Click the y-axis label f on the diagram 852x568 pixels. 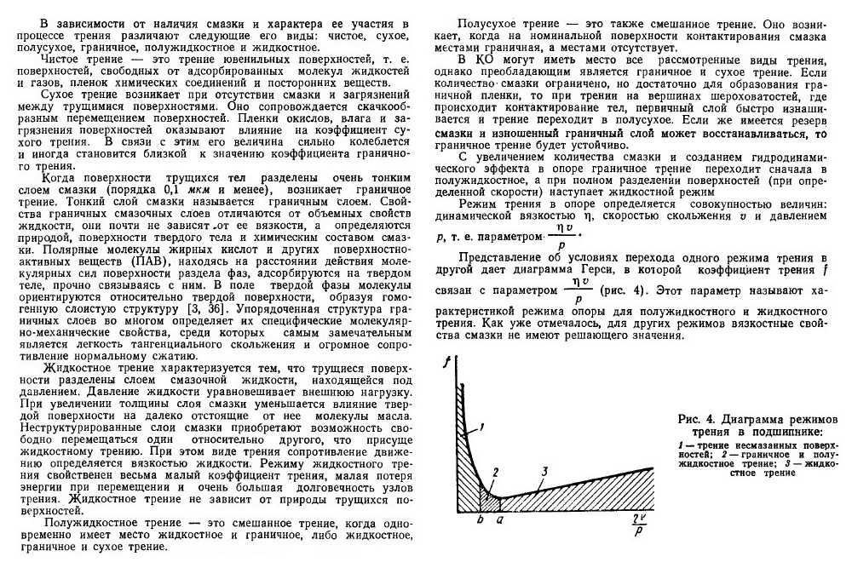click(x=446, y=363)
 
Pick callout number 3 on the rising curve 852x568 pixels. click(x=543, y=473)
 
